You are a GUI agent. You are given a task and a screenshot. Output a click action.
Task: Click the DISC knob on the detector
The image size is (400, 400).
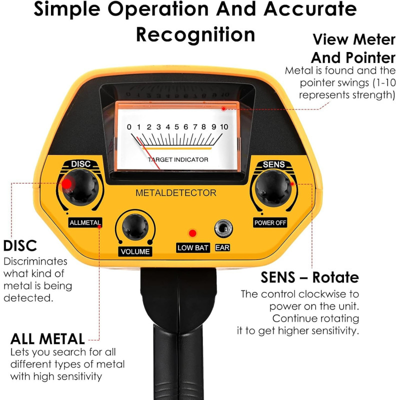pyautogui.click(x=80, y=187)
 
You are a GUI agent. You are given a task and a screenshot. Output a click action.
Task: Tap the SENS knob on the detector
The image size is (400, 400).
pyautogui.click(x=273, y=188)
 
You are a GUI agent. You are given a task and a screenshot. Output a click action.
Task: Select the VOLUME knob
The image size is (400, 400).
pyautogui.click(x=135, y=227)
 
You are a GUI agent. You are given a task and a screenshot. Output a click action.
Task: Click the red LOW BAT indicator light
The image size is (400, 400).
pyautogui.click(x=192, y=233)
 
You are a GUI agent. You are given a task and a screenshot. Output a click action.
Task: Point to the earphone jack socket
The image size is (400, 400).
pyautogui.click(x=223, y=228)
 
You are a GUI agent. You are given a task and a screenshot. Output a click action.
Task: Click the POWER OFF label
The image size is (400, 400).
pyautogui.click(x=270, y=222)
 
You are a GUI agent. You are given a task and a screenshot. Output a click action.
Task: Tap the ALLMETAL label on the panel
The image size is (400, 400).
pyautogui.click(x=85, y=222)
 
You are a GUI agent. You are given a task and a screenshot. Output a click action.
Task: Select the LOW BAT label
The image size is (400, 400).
pyautogui.click(x=193, y=247)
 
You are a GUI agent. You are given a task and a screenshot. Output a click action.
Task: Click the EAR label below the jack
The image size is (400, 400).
pyautogui.click(x=222, y=247)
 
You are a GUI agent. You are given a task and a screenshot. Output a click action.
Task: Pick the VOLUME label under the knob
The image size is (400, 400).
pyautogui.click(x=135, y=251)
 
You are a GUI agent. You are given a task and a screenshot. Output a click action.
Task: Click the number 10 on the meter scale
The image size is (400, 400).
pyautogui.click(x=224, y=127)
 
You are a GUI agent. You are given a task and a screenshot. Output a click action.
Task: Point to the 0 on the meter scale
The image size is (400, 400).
pyautogui.click(x=129, y=127)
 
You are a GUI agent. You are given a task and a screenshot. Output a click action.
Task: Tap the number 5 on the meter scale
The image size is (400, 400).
pyautogui.click(x=177, y=127)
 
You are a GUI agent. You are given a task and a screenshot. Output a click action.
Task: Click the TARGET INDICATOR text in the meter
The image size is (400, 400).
pyautogui.click(x=178, y=159)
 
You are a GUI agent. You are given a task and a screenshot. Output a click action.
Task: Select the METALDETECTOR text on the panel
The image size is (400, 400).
pyautogui.click(x=176, y=193)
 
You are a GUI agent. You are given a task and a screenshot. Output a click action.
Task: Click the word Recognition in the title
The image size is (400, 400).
pyautogui.click(x=195, y=34)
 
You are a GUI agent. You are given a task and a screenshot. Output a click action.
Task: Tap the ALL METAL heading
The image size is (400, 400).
pyautogui.click(x=47, y=339)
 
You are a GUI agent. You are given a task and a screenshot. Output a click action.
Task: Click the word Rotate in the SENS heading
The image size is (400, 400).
pyautogui.click(x=335, y=277)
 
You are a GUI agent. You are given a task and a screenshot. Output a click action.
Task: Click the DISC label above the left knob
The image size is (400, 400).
pyautogui.click(x=81, y=164)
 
